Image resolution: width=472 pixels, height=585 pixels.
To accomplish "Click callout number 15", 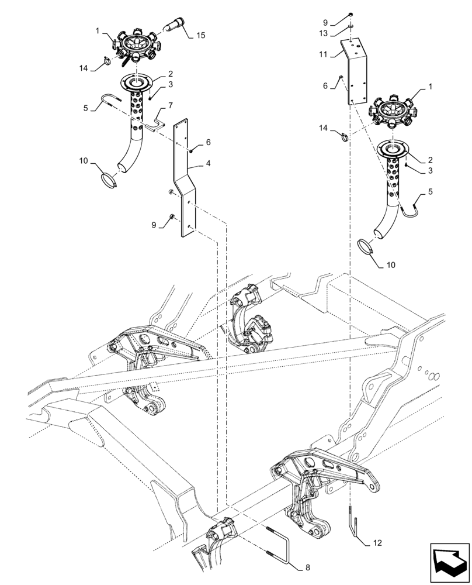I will [x=200, y=36].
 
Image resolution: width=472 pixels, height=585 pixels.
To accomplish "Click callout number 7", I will [x=170, y=106].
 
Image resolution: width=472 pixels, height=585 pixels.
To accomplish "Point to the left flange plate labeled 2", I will [x=140, y=81].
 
